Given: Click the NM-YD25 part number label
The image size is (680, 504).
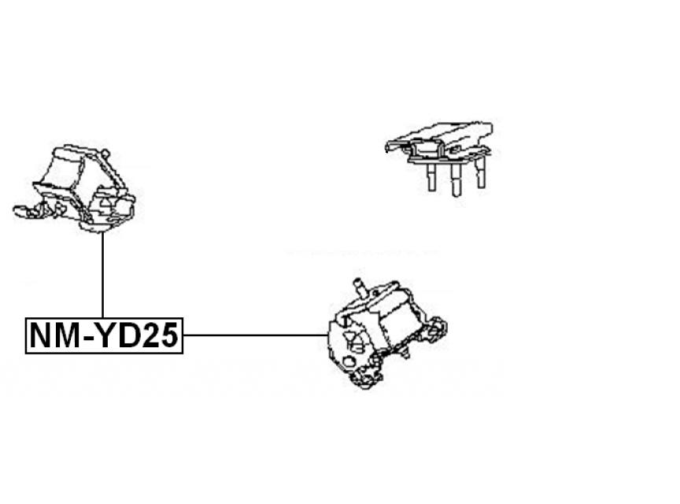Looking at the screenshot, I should [104, 336].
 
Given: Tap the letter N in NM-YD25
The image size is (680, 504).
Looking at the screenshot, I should [39, 336].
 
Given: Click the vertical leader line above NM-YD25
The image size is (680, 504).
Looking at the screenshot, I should [103, 276].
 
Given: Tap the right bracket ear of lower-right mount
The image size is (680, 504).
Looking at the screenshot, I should [437, 329].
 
